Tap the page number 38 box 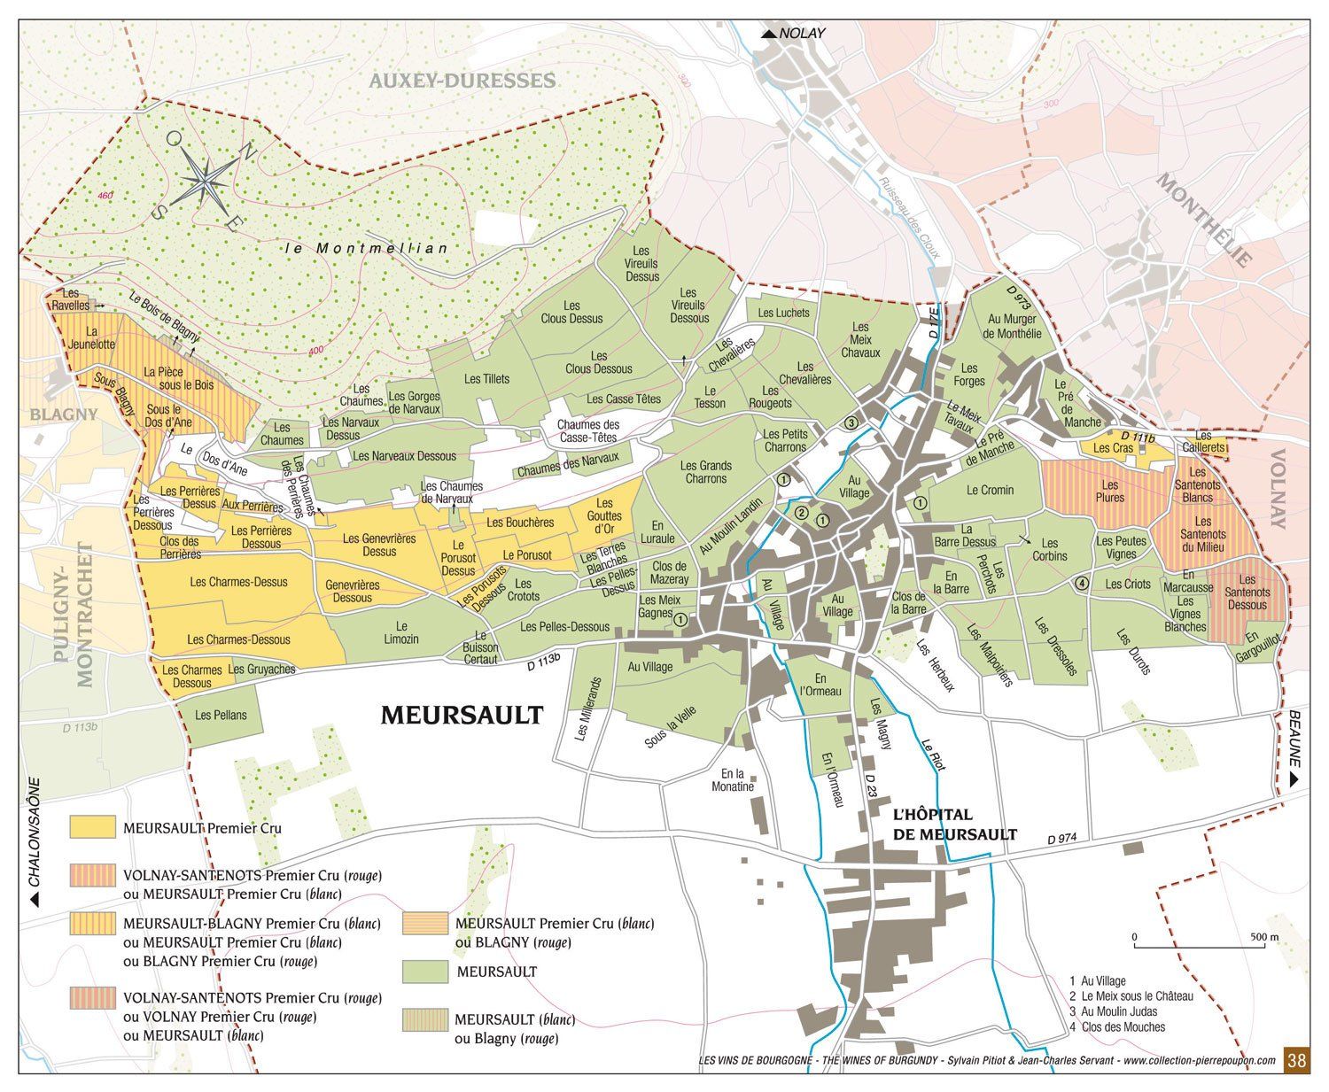1295,1060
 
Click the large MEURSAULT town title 461,715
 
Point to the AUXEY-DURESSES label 462,81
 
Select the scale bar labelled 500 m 1201,947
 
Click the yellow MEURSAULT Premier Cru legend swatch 93,827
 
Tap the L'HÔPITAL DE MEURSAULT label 954,824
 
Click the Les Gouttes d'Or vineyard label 604,516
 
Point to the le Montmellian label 368,249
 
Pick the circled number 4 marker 1081,584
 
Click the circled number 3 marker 851,422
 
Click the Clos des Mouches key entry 1122,1026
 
